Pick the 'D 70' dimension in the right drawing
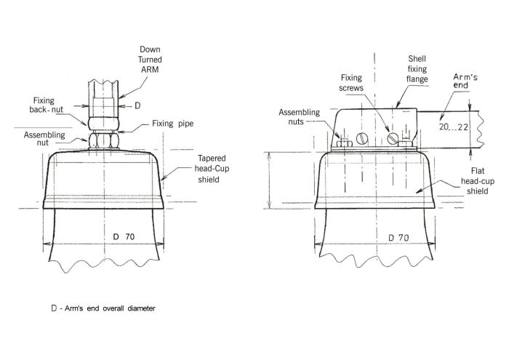[x=399, y=237]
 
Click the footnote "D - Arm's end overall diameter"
[x=103, y=308]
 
